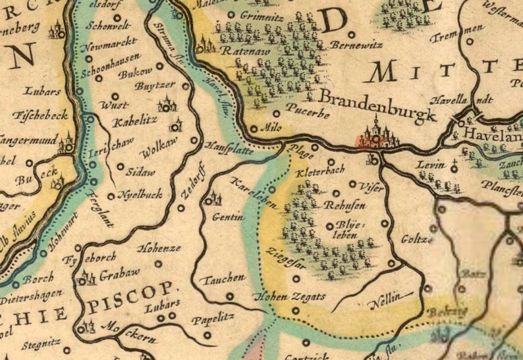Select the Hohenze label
tap(159, 249)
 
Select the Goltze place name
tap(415, 239)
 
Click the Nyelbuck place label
tap(140, 195)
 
